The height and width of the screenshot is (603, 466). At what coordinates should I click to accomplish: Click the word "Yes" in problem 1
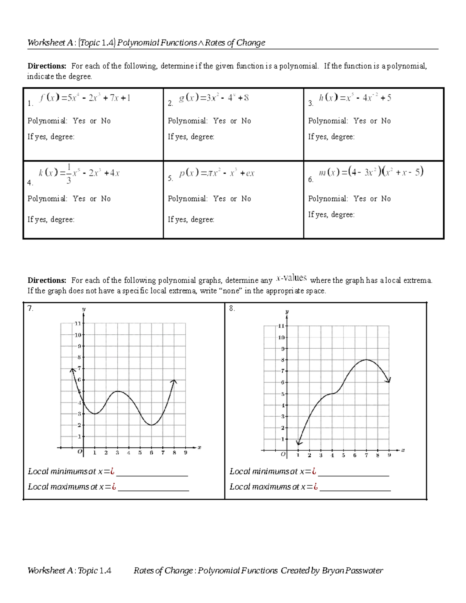[79, 121]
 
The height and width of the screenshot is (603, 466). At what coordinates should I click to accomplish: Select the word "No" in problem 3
[386, 121]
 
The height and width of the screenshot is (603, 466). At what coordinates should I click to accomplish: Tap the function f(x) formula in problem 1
[85, 98]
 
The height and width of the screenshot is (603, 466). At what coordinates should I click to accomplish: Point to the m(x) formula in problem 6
[371, 172]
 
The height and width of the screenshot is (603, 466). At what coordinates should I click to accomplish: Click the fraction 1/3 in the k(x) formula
[69, 174]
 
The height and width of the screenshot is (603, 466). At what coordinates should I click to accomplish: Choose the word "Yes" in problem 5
[219, 199]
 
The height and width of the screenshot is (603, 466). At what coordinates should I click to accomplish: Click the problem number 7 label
[30, 308]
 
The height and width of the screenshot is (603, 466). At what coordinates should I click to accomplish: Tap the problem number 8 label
[232, 308]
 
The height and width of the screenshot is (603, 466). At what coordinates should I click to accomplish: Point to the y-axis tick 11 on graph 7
[78, 323]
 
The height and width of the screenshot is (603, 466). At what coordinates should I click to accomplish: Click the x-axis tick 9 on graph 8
[389, 455]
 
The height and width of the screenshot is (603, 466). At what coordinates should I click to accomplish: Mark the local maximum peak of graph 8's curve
[366, 360]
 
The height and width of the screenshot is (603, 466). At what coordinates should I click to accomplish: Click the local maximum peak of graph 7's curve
[118, 391]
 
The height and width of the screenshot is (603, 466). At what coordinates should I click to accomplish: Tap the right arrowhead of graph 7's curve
[174, 382]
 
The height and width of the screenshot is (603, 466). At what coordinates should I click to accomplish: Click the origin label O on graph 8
[283, 454]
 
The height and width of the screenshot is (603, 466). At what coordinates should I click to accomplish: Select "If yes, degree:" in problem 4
[51, 219]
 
